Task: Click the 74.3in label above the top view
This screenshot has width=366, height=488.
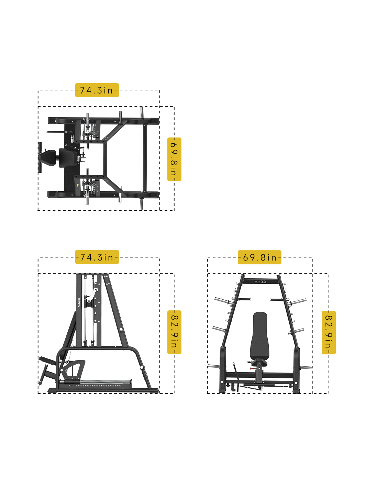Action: (x=97, y=90)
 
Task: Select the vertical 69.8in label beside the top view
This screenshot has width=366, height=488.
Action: (x=174, y=159)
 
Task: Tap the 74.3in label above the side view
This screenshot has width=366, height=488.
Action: (x=97, y=257)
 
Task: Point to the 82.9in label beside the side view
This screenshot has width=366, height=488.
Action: (x=174, y=332)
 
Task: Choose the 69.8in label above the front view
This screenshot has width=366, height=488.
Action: (x=259, y=257)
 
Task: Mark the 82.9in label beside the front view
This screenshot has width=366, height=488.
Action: (x=329, y=332)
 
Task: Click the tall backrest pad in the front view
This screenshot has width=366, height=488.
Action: (x=259, y=336)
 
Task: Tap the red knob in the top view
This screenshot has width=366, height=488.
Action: (x=45, y=150)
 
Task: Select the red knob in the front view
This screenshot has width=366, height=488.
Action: (x=251, y=368)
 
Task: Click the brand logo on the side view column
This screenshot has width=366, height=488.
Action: (x=79, y=302)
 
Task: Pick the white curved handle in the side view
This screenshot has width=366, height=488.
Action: (x=92, y=294)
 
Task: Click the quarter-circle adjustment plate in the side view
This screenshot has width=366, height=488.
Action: (x=73, y=369)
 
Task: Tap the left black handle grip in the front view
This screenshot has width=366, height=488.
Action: (x=244, y=299)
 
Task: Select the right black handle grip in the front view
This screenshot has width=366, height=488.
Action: (x=277, y=299)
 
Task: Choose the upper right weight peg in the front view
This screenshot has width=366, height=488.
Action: (x=297, y=302)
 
